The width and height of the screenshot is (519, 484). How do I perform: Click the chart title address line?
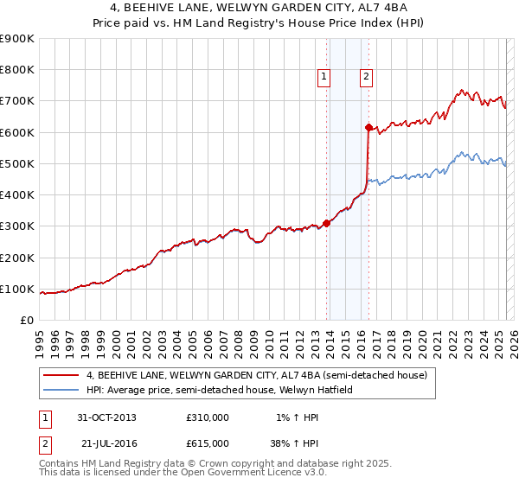(259, 9)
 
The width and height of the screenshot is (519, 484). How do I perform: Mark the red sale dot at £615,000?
(368, 128)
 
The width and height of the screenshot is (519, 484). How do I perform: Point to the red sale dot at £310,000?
(327, 223)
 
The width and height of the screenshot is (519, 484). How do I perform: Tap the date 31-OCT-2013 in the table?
(106, 417)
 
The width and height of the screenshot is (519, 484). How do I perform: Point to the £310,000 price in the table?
(208, 417)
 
